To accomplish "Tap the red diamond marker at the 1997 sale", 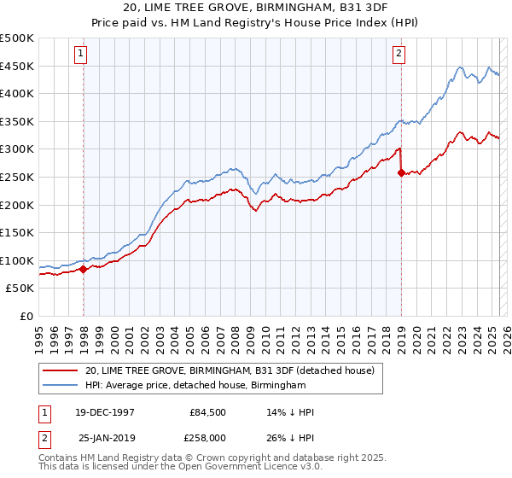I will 84,269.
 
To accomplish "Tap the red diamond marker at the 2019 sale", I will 402,172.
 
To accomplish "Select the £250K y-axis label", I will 17,177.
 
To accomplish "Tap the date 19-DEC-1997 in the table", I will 106,412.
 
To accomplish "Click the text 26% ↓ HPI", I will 291,437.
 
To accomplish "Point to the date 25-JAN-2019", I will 108,437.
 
